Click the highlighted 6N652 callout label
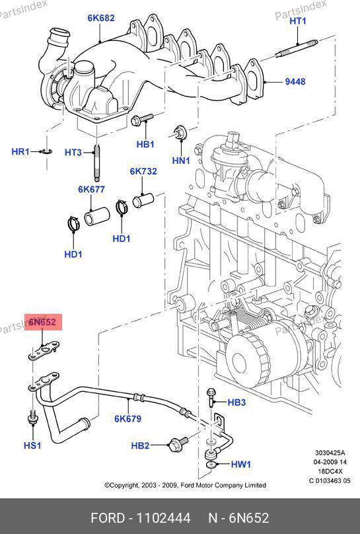tap(42, 322)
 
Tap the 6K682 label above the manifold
tap(101, 18)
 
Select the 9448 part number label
tap(295, 82)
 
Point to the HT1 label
tap(298, 21)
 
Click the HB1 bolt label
tap(145, 144)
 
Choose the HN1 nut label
tap(181, 160)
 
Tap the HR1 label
tap(20, 151)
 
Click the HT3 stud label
tap(73, 152)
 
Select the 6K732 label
tap(143, 171)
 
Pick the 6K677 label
tap(92, 190)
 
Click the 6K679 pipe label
tap(128, 418)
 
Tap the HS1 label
tap(32, 445)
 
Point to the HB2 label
tap(140, 445)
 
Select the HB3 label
tap(236, 402)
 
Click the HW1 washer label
tap(241, 464)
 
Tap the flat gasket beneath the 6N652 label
tap(43, 351)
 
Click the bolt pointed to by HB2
tap(178, 443)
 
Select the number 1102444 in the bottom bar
tap(163, 518)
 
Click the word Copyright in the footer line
tap(121, 485)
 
